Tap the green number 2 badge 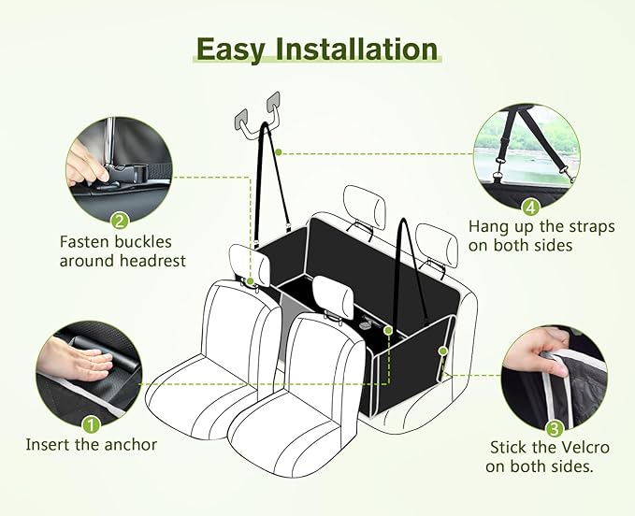tap(119, 222)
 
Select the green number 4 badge tap(530, 208)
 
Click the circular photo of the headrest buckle tap(120, 169)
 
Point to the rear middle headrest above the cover tap(364, 208)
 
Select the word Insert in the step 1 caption tap(48, 445)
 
